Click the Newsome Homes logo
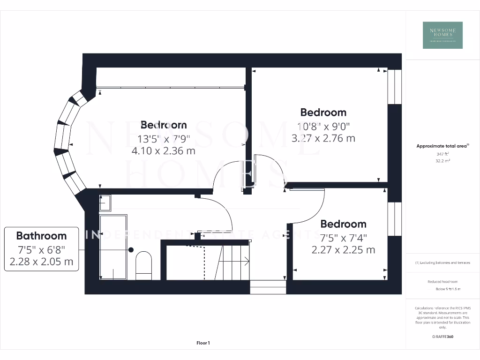tap(442, 35)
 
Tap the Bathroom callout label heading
tap(41, 236)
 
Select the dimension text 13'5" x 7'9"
tap(164, 139)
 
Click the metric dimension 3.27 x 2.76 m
tap(323, 138)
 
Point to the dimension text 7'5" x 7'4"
tap(343, 237)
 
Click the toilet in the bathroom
tap(143, 263)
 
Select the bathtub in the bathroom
tap(113, 247)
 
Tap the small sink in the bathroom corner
tap(105, 202)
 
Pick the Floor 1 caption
tap(203, 343)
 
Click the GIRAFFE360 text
tap(442, 337)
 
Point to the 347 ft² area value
tap(442, 153)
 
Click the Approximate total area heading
tap(442, 146)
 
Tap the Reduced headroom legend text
tap(442, 282)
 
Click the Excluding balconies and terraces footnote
tap(442, 262)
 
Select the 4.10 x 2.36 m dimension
tap(164, 151)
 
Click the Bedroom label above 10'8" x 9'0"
tap(323, 112)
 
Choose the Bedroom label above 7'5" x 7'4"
tap(343, 224)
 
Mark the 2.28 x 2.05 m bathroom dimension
tap(41, 262)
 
